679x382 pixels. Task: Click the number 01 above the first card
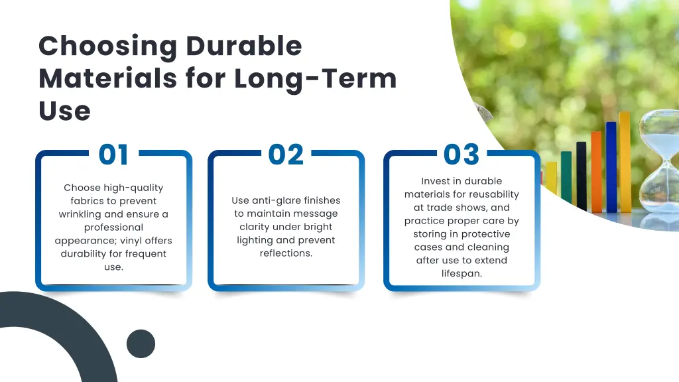pyautogui.click(x=113, y=155)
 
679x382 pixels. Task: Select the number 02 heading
pyautogui.click(x=286, y=155)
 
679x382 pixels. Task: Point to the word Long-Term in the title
pyautogui.click(x=315, y=78)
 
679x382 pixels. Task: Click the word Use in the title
pyautogui.click(x=64, y=111)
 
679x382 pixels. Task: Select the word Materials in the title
pyautogui.click(x=107, y=78)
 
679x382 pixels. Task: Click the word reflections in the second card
pyautogui.click(x=286, y=253)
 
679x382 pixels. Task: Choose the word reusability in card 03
pyautogui.click(x=493, y=194)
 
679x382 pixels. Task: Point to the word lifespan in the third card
pyautogui.click(x=462, y=273)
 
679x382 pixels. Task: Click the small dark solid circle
pyautogui.click(x=141, y=344)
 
